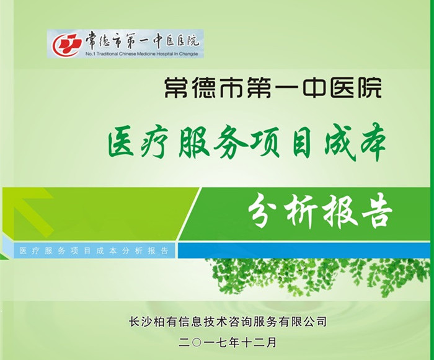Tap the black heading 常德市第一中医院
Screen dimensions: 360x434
273,89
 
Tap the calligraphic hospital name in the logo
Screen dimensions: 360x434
143,41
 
